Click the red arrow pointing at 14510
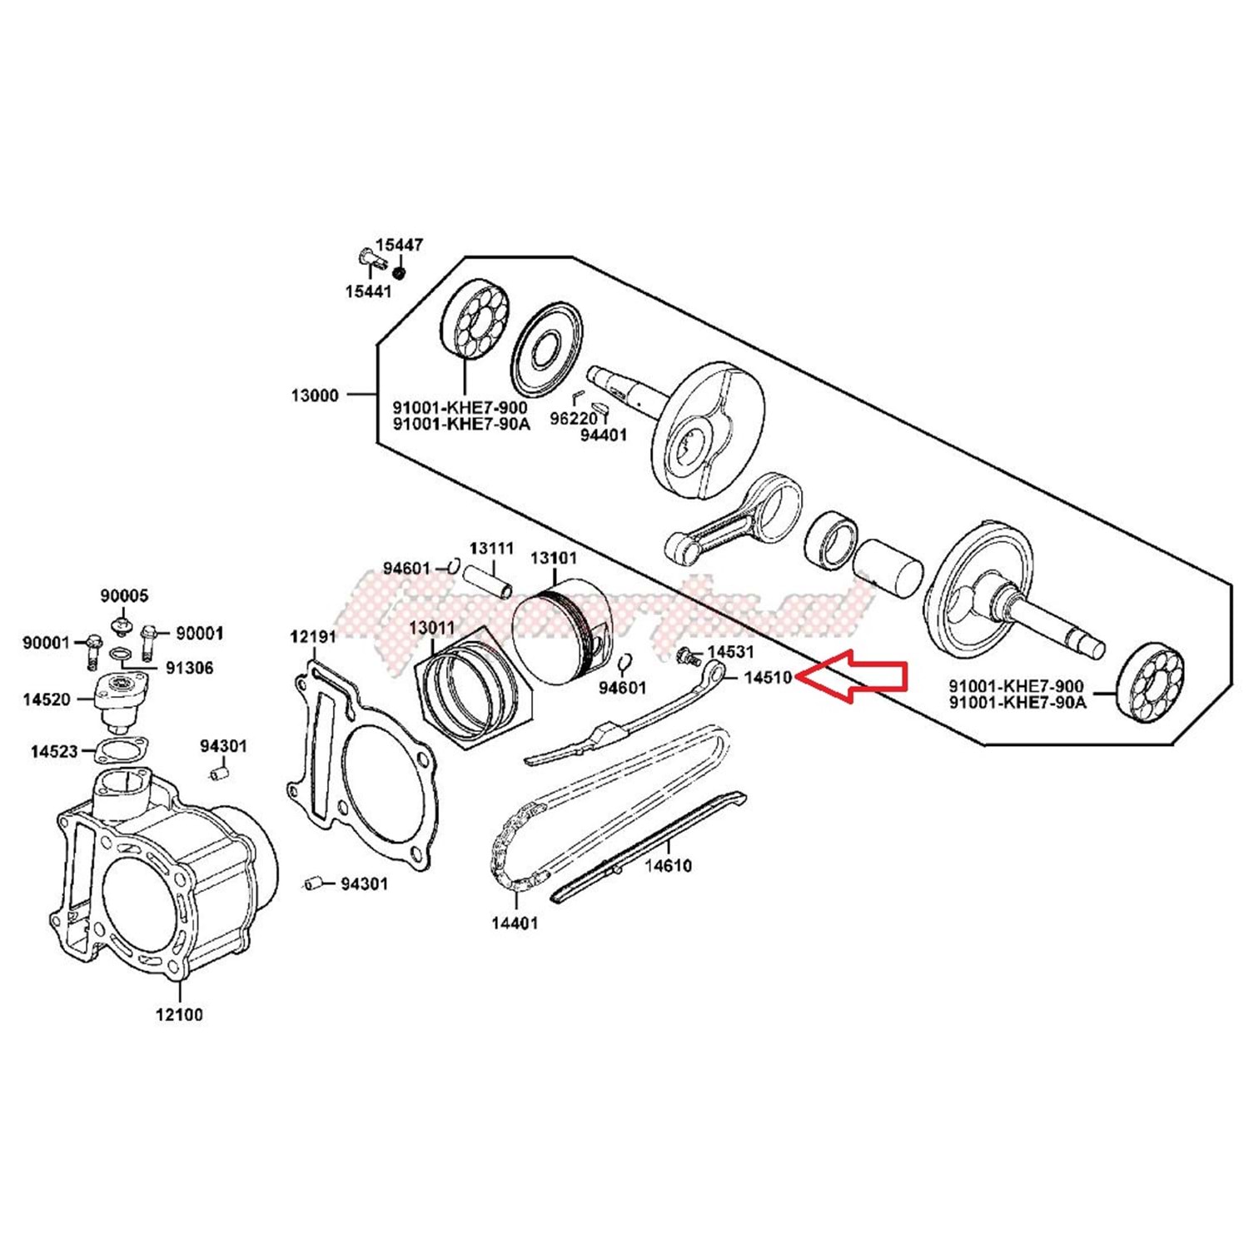[x=853, y=676]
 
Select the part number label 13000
[x=315, y=396]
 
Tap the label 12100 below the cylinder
[x=179, y=1015]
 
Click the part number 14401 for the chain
[x=515, y=923]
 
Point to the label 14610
[x=668, y=866]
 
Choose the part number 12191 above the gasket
[x=313, y=637]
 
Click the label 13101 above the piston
[x=553, y=558]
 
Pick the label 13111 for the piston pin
[x=491, y=549]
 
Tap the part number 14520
[x=47, y=699]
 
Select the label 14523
[x=54, y=752]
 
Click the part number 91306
[x=189, y=668]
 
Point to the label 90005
[x=124, y=596]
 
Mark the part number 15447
[x=399, y=245]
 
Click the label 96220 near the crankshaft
[x=574, y=419]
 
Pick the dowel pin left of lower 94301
[x=312, y=883]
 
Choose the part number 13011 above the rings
[x=431, y=627]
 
